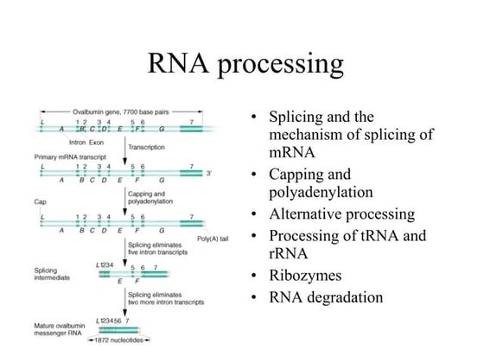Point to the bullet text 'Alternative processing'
click(354, 213)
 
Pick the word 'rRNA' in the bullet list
click(288, 254)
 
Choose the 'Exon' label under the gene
click(98, 140)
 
